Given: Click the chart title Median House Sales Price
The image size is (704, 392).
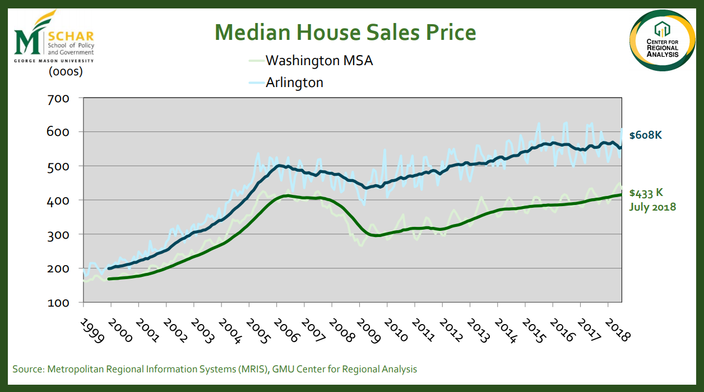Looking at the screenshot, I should pyautogui.click(x=346, y=32).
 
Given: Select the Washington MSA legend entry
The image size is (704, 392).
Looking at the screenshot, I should pyautogui.click(x=319, y=60).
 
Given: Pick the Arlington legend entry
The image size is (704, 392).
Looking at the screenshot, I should pyautogui.click(x=294, y=82).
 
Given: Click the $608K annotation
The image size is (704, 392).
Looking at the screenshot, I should pyautogui.click(x=645, y=135).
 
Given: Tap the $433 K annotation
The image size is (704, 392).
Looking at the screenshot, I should pyautogui.click(x=646, y=193).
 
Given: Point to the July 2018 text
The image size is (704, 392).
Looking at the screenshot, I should pyautogui.click(x=652, y=207).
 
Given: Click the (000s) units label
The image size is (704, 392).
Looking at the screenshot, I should pyautogui.click(x=66, y=71).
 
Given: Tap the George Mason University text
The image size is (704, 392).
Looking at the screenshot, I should pyautogui.click(x=54, y=60).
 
